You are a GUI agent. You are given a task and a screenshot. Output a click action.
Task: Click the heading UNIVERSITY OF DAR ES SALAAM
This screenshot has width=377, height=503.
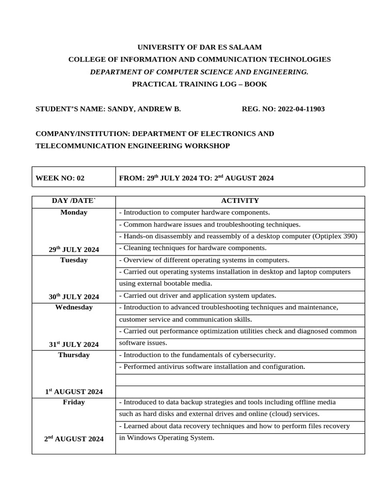pyautogui.click(x=199, y=47)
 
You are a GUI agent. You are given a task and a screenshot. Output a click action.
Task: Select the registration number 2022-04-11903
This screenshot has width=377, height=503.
pyautogui.click(x=301, y=109)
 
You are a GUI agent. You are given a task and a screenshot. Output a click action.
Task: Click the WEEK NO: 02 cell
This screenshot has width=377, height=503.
pyautogui.click(x=60, y=178)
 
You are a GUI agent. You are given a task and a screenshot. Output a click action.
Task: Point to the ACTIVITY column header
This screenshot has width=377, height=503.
pyautogui.click(x=240, y=200)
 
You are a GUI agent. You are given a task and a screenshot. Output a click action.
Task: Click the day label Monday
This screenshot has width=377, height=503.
pyautogui.click(x=74, y=212)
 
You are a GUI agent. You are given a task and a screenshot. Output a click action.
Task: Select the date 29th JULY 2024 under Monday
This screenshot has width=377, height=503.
pyautogui.click(x=74, y=250)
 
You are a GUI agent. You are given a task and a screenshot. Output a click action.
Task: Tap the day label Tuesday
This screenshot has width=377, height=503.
pyautogui.click(x=74, y=260)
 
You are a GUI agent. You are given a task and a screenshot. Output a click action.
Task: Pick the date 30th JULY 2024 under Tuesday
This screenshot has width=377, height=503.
pyautogui.click(x=74, y=297)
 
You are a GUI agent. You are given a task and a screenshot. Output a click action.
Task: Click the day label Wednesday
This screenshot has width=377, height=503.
pyautogui.click(x=74, y=307)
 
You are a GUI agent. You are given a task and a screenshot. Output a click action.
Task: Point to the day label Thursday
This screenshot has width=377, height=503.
pyautogui.click(x=74, y=355)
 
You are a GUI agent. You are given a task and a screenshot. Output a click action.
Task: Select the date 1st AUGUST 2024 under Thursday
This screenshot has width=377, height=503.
pyautogui.click(x=74, y=391)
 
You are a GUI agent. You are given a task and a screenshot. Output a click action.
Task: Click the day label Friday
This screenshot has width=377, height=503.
pyautogui.click(x=74, y=402)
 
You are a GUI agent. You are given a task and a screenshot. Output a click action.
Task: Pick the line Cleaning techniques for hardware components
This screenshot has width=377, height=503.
pyautogui.click(x=193, y=248)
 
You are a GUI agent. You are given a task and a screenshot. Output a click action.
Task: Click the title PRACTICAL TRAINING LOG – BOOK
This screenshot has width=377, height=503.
pyautogui.click(x=199, y=84)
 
